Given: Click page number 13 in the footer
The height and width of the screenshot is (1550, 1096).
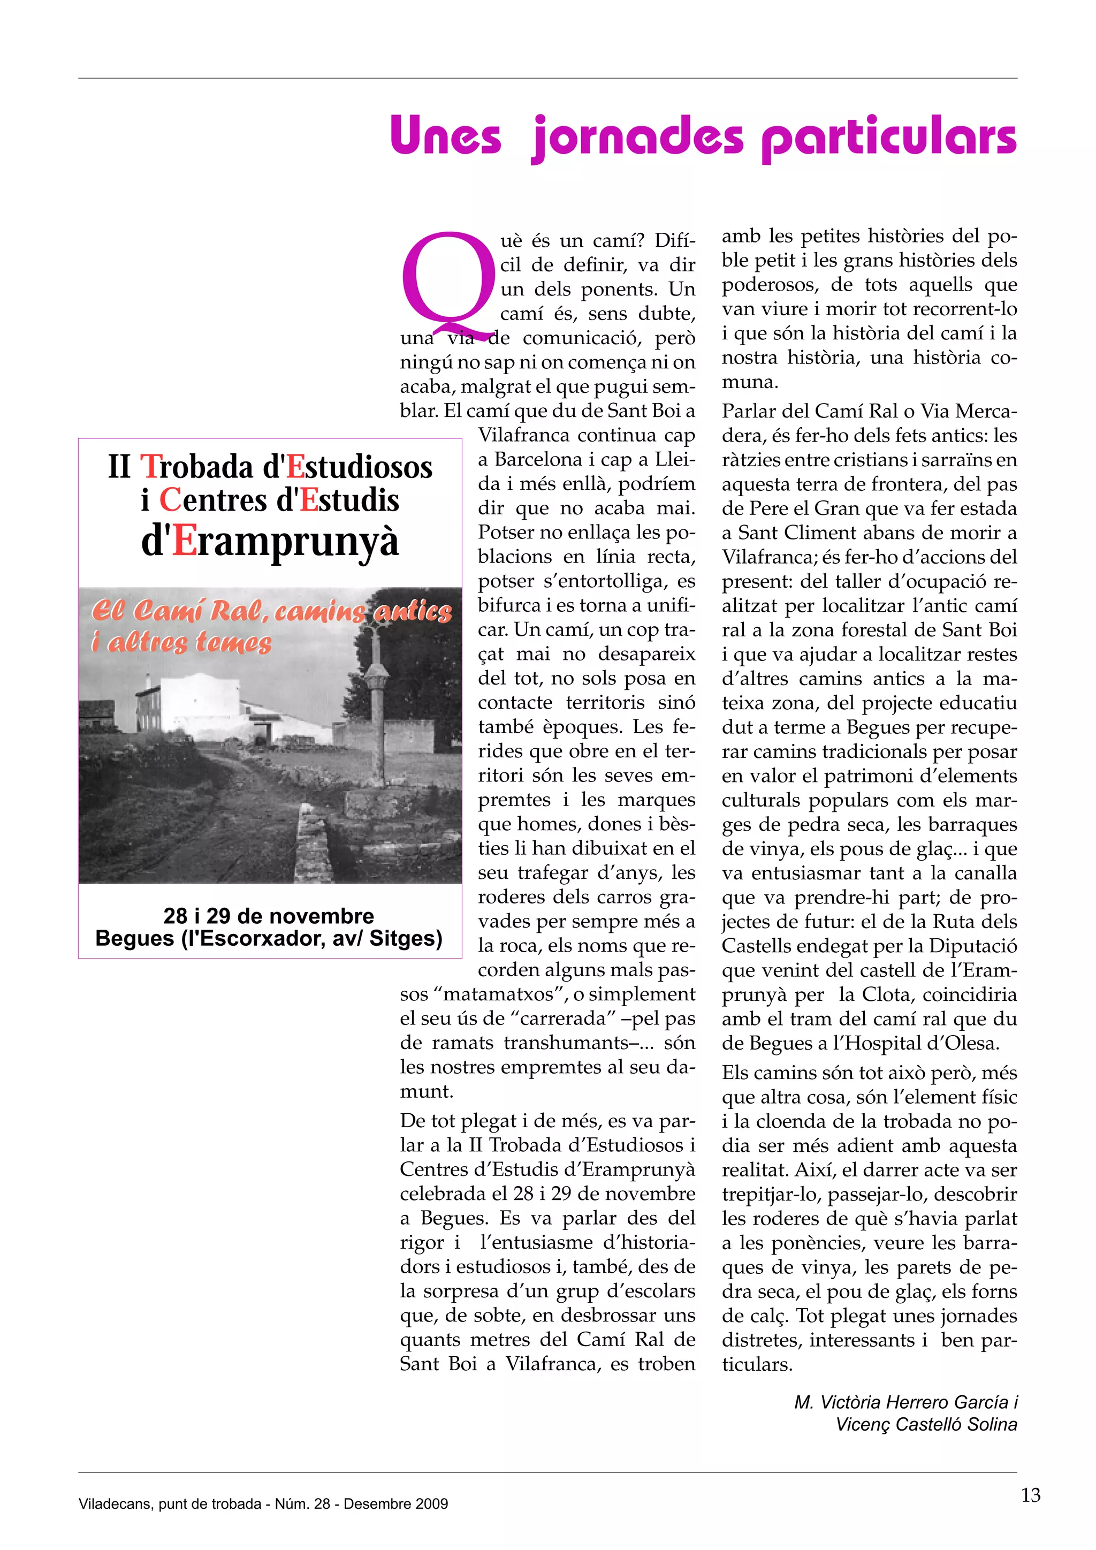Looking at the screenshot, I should click(1031, 1495).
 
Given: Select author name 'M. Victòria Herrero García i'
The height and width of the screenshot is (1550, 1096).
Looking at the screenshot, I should click(905, 1402).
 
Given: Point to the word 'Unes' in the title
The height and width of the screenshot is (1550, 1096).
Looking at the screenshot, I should click(445, 136).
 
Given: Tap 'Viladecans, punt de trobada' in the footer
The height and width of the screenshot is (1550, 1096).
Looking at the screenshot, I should click(170, 1503).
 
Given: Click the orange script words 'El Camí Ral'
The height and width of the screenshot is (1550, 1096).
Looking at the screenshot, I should click(177, 611).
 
